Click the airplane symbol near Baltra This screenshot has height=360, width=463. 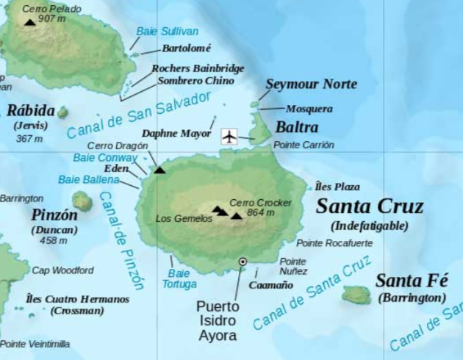point(230,137)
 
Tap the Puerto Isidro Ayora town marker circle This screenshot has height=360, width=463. point(243,262)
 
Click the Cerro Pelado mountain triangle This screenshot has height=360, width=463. point(30,23)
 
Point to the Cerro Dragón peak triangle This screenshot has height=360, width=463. point(159,170)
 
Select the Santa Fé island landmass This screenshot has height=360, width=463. point(356,295)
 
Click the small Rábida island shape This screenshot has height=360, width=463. point(62,112)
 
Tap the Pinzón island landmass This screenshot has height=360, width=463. point(82,200)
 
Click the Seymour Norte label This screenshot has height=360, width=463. point(311,84)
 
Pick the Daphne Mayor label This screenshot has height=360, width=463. point(176,134)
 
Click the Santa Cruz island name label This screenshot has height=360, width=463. point(369,206)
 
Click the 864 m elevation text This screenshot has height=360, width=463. point(260,213)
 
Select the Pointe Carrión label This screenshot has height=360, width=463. point(304,145)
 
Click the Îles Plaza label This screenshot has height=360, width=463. point(337,186)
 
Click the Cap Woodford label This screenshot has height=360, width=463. point(62,270)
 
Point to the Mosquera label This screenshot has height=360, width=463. point(309,109)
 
